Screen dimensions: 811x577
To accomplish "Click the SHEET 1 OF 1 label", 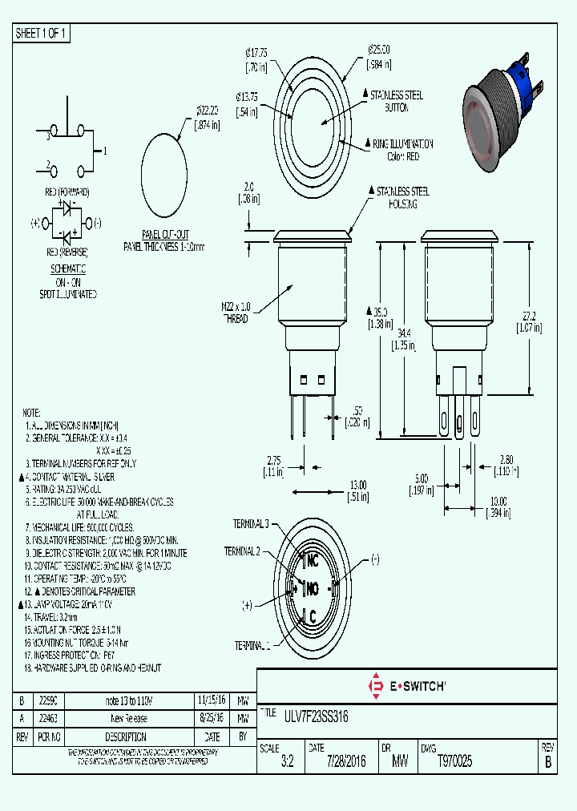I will pyautogui.click(x=42, y=33).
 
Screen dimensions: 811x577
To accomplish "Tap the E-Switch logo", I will pyautogui.click(x=406, y=686).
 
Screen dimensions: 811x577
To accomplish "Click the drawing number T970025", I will pyautogui.click(x=454, y=761).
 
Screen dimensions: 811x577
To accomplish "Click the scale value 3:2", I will pyautogui.click(x=287, y=762).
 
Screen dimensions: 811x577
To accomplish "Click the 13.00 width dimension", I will pyautogui.click(x=358, y=485).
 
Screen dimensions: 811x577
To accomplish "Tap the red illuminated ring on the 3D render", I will pyautogui.click(x=479, y=128).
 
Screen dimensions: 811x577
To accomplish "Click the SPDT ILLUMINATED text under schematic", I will pyautogui.click(x=70, y=294).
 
